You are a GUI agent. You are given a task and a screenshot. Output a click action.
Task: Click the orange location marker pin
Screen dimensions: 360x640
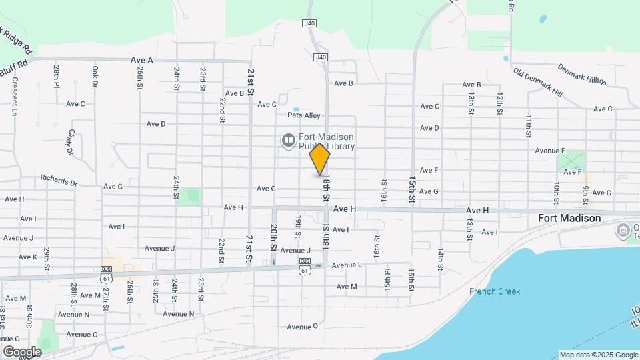pos(320,159)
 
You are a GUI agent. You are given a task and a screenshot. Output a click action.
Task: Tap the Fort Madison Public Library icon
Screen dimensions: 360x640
pos(288,141)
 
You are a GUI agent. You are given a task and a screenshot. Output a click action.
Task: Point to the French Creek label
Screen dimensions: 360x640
pos(494,291)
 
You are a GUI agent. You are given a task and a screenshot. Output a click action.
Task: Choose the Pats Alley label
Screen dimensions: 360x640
pos(303,115)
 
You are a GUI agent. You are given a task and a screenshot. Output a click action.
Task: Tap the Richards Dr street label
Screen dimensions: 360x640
pos(59,179)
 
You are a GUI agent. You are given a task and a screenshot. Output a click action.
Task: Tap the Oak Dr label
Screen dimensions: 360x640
pos(95,75)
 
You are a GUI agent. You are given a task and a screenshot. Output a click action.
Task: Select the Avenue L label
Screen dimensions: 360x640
pos(346,265)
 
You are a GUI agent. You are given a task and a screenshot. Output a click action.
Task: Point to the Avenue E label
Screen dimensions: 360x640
pos(549,151)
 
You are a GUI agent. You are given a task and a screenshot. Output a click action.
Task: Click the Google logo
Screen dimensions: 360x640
pos(22,351)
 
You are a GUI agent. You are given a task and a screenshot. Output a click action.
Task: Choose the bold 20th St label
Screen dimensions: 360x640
pos(273,237)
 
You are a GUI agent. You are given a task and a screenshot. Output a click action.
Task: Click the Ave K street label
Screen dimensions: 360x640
pos(28,257)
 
